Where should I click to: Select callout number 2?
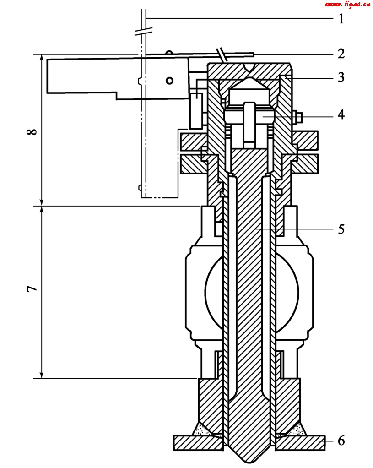pos(341,54)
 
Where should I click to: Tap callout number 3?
pos(341,77)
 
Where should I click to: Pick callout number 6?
pos(341,441)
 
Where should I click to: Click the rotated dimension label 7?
pos(32,290)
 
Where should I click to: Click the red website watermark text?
pos(347,5)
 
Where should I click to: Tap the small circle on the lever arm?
pos(170,81)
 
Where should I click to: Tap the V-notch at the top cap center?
pos(249,68)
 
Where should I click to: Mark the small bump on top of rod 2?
pos(170,53)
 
